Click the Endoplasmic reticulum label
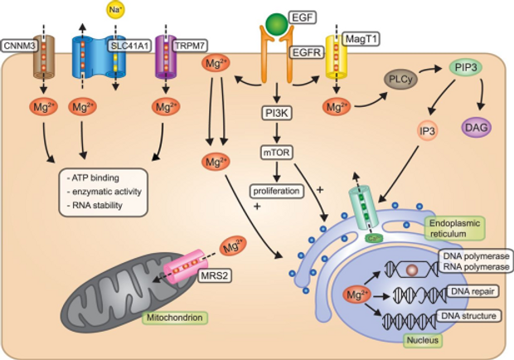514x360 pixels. [x=455, y=229]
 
